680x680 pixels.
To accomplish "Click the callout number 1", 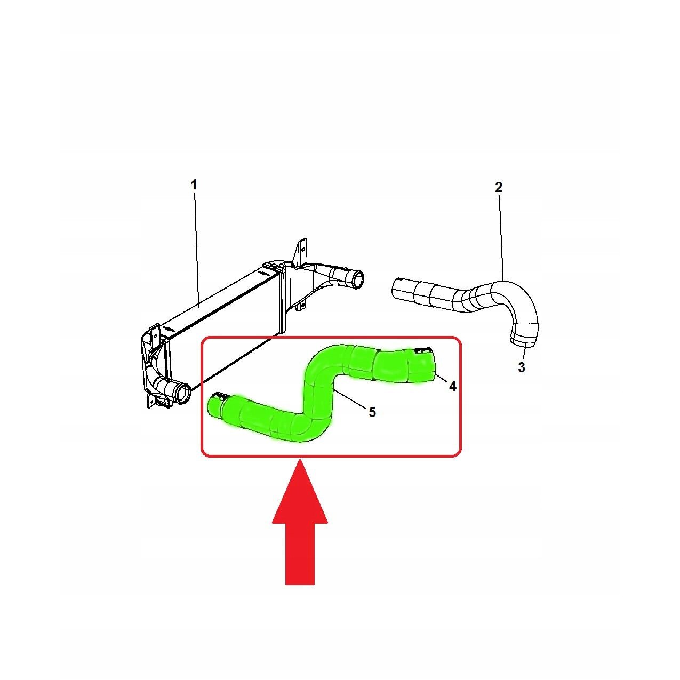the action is [x=194, y=185].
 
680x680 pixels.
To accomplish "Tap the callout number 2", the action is [x=498, y=187].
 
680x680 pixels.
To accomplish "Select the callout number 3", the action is [x=522, y=367].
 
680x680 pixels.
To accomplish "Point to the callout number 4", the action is [x=452, y=386].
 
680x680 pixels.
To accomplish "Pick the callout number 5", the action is [x=372, y=412].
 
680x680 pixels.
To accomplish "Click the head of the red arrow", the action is [x=300, y=492].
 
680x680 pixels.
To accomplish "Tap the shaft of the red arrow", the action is [x=300, y=554].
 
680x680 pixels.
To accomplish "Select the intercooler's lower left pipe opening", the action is [x=184, y=394].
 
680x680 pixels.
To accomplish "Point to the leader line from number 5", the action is [x=351, y=398].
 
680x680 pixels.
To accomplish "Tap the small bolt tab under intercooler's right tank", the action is [x=301, y=306].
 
